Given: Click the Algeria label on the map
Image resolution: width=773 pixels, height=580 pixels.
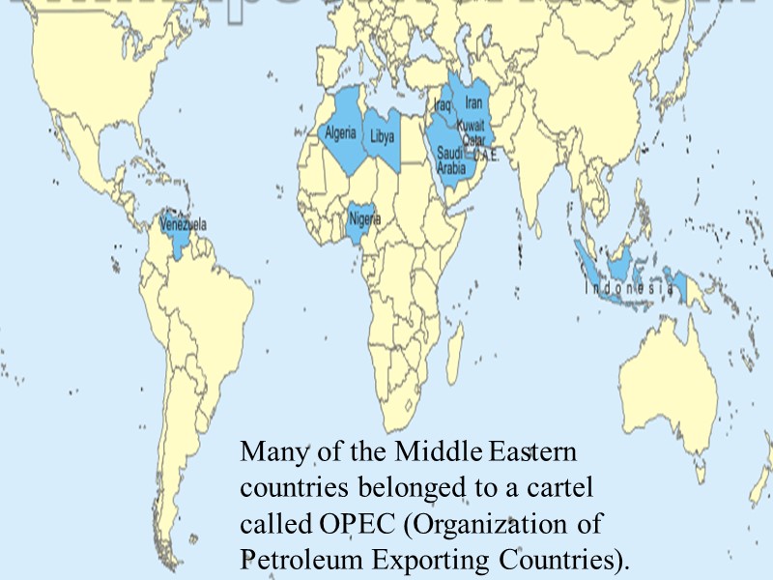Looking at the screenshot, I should click(340, 132).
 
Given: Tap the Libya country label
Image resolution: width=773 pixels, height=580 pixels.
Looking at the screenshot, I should click(383, 137).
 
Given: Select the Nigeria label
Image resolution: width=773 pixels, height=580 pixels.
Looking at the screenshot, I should click(364, 218).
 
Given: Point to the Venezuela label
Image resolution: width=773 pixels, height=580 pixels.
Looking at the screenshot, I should click(184, 224).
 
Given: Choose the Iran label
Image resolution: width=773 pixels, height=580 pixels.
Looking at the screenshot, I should click(473, 101).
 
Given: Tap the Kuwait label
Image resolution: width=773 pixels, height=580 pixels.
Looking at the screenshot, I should click(471, 127).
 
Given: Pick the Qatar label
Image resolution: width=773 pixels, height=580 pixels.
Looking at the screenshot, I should click(472, 140).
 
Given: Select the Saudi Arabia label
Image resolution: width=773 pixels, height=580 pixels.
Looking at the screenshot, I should click(451, 160).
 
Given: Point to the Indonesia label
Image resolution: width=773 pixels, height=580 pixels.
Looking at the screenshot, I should click(628, 288).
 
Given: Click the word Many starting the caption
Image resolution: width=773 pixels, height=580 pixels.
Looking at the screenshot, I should click(266, 450).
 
